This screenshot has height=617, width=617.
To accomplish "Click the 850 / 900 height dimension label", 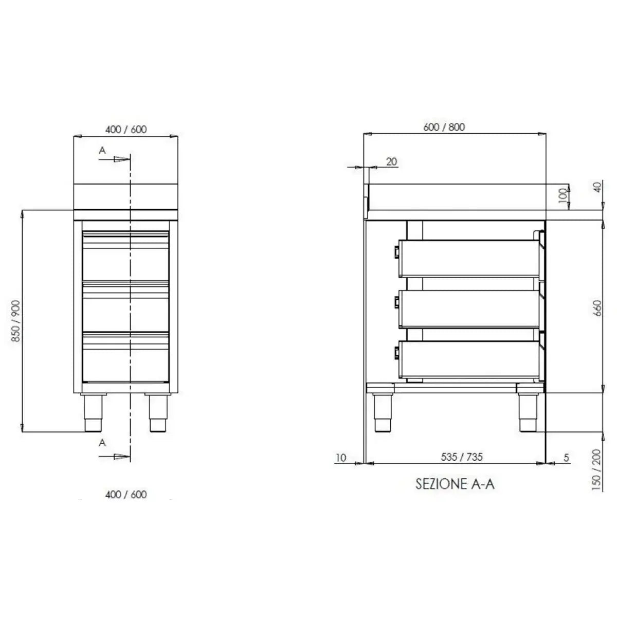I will pyautogui.click(x=15, y=321).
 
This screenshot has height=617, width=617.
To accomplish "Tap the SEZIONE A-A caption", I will pyautogui.click(x=455, y=484).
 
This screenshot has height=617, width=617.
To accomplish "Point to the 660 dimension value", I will pyautogui.click(x=596, y=308).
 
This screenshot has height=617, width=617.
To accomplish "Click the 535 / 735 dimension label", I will pyautogui.click(x=462, y=456).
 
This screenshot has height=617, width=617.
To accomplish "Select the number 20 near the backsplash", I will pyautogui.click(x=391, y=161).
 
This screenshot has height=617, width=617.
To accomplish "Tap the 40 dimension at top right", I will pyautogui.click(x=596, y=186).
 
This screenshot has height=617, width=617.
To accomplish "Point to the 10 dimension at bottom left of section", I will pyautogui.click(x=341, y=457).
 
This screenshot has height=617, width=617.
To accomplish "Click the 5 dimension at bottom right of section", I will pyautogui.click(x=566, y=457).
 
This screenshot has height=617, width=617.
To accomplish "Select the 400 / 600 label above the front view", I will pyautogui.click(x=126, y=129).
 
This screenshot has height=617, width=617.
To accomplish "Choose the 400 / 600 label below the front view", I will pyautogui.click(x=126, y=494).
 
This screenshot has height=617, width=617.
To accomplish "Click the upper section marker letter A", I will pyautogui.click(x=102, y=150).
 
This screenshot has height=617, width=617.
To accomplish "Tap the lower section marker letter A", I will pyautogui.click(x=102, y=443).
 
